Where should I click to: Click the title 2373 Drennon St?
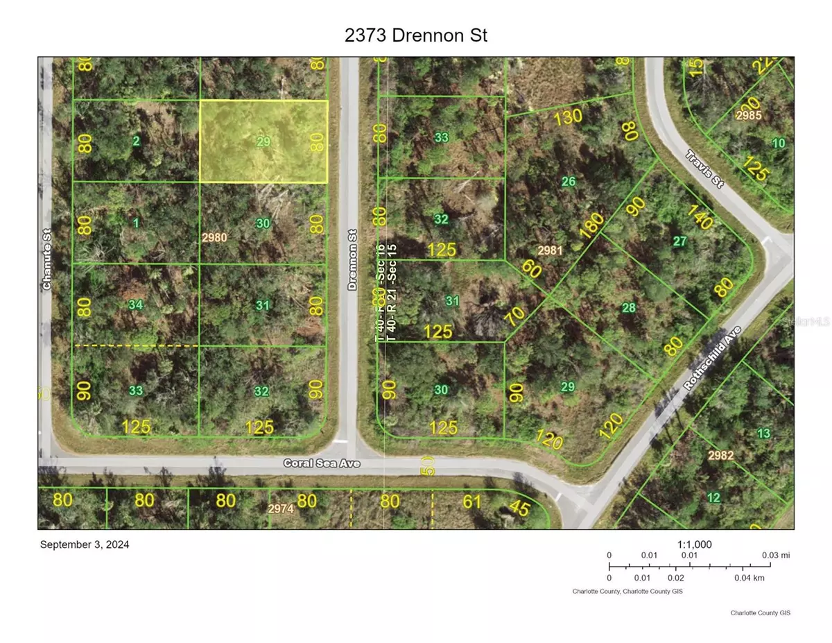coord(415,35)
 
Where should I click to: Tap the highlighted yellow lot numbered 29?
coord(263,142)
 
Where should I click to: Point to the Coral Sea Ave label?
coord(322,463)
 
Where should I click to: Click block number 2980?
coord(214,237)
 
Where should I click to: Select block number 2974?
coord(281,508)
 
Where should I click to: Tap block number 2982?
coord(720,455)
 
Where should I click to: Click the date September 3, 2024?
coord(85,545)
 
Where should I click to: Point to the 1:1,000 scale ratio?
coord(693,545)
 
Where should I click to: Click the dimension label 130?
coord(568,117)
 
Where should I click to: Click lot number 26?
coord(569,182)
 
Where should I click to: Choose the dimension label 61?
coord(472,501)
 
